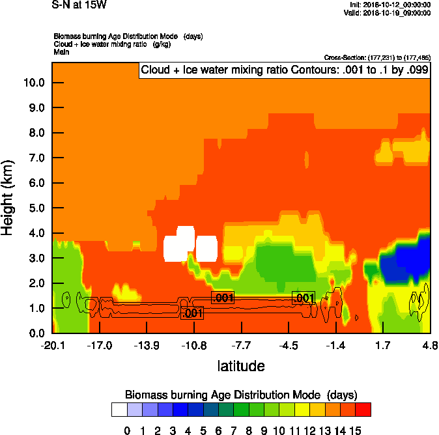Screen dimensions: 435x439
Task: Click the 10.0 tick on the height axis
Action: [x=34, y=83]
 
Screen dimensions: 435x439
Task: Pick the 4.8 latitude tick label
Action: [x=429, y=345]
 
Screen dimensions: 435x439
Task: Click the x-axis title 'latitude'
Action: [x=241, y=366]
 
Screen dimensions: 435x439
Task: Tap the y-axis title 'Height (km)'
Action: [x=8, y=197]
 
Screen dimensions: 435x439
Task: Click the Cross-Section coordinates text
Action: [x=376, y=57]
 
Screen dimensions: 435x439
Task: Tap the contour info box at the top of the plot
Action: [x=285, y=70]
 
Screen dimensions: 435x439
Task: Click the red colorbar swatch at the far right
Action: [x=363, y=410]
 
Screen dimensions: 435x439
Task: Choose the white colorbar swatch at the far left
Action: [x=119, y=410]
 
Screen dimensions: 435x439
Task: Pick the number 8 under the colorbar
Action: [x=249, y=430]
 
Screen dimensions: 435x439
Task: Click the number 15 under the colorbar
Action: [x=356, y=430]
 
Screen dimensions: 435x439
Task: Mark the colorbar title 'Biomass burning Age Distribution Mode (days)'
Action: [x=241, y=395]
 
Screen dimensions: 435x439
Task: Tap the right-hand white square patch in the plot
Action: [x=206, y=249]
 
